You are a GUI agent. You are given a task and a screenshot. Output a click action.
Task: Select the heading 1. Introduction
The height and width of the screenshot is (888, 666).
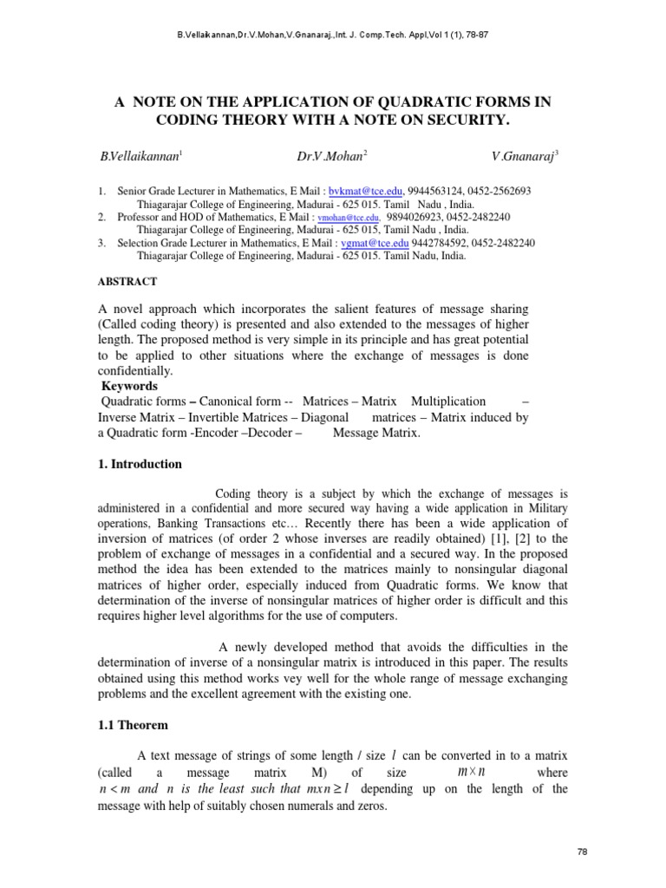(x=140, y=464)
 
